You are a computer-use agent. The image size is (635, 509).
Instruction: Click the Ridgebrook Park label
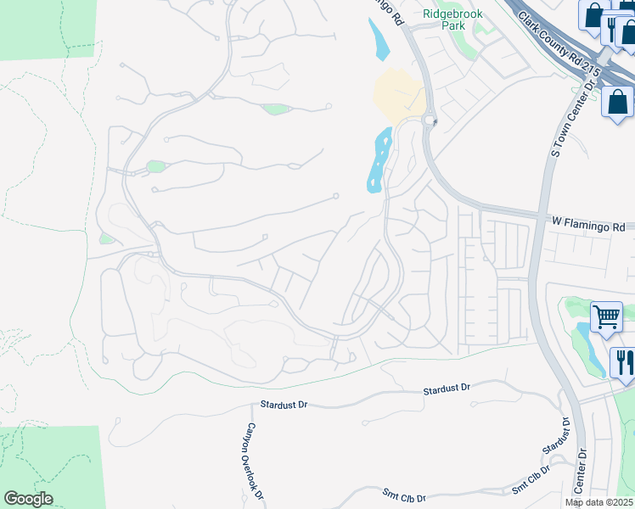[x=445, y=20]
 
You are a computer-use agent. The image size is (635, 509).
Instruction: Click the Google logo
[x=28, y=499]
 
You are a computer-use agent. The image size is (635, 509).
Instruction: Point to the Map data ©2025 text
[x=598, y=502]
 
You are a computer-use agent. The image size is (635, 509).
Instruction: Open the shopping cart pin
[x=605, y=317]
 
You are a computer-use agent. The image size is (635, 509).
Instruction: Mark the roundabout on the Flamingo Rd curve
[x=430, y=120]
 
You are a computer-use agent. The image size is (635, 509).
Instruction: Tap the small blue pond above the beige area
[x=379, y=38]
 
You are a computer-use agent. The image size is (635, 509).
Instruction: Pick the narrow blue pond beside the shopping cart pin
[x=591, y=348]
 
